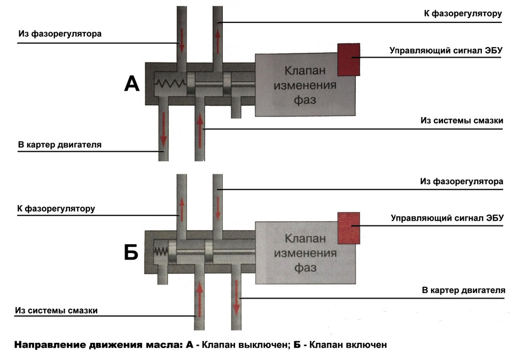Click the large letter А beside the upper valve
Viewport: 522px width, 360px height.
[x=132, y=83]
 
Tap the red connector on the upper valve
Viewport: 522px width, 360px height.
[x=348, y=59]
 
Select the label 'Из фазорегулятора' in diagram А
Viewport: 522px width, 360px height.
[x=59, y=34]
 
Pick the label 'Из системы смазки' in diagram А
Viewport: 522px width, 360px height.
[x=462, y=121]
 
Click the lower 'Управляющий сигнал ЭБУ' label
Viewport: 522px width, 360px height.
[x=447, y=218]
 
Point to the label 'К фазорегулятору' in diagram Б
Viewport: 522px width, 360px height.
[x=56, y=208]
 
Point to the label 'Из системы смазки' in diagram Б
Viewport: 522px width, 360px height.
[x=56, y=310]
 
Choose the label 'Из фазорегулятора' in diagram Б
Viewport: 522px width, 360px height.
[x=462, y=182]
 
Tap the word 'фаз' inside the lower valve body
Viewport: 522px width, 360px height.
[x=305, y=267]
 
